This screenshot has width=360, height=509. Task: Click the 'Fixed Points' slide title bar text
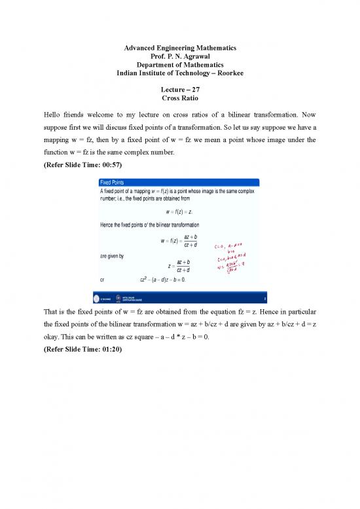[x=114, y=181]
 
